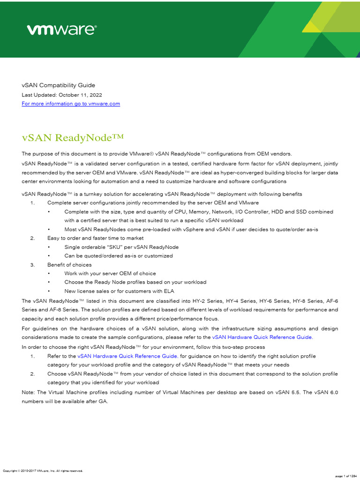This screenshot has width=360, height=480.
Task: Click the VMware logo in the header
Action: pyautogui.click(x=61, y=30)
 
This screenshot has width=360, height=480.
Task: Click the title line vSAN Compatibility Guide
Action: pyautogui.click(x=58, y=85)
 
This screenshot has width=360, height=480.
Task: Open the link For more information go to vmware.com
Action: pyautogui.click(x=71, y=104)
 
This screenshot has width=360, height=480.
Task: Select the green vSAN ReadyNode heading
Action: pyautogui.click(x=73, y=138)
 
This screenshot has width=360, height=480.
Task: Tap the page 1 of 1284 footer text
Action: pyautogui.click(x=346, y=476)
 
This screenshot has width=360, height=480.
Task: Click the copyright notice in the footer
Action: pyautogui.click(x=43, y=471)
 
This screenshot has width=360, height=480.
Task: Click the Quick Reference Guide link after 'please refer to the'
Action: pyautogui.click(x=262, y=337)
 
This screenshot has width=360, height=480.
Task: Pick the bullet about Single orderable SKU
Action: pyautogui.click(x=121, y=247)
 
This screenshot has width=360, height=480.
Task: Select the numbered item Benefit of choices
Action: pyautogui.click(x=69, y=265)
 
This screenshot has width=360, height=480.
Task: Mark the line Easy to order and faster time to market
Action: pyautogui.click(x=95, y=238)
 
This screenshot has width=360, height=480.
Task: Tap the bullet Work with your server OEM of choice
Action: pyautogui.click(x=110, y=273)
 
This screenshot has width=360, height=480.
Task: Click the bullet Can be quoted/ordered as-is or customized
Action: pyautogui.click(x=119, y=256)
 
